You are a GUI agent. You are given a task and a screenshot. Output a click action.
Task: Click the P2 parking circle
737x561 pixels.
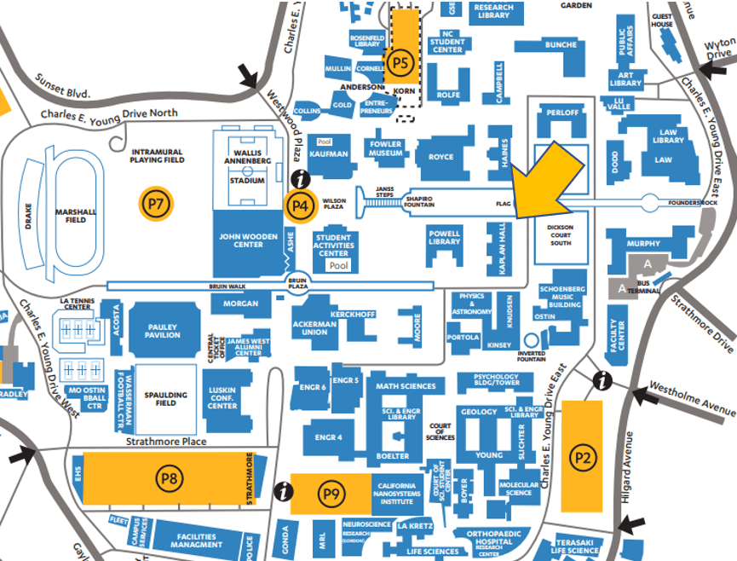pos(582,457)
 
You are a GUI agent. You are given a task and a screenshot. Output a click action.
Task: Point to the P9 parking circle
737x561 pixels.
pos(330,492)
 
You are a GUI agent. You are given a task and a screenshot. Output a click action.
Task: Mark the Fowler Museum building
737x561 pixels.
pos(386,150)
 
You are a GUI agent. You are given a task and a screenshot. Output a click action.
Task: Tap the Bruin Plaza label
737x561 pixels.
pos(297,285)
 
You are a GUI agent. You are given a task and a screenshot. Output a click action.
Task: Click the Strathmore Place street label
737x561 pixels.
pos(167,441)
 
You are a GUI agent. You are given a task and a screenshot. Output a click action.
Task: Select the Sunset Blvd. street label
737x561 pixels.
pos(62,88)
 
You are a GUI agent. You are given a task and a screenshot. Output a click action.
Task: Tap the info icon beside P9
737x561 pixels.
pos(285,492)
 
